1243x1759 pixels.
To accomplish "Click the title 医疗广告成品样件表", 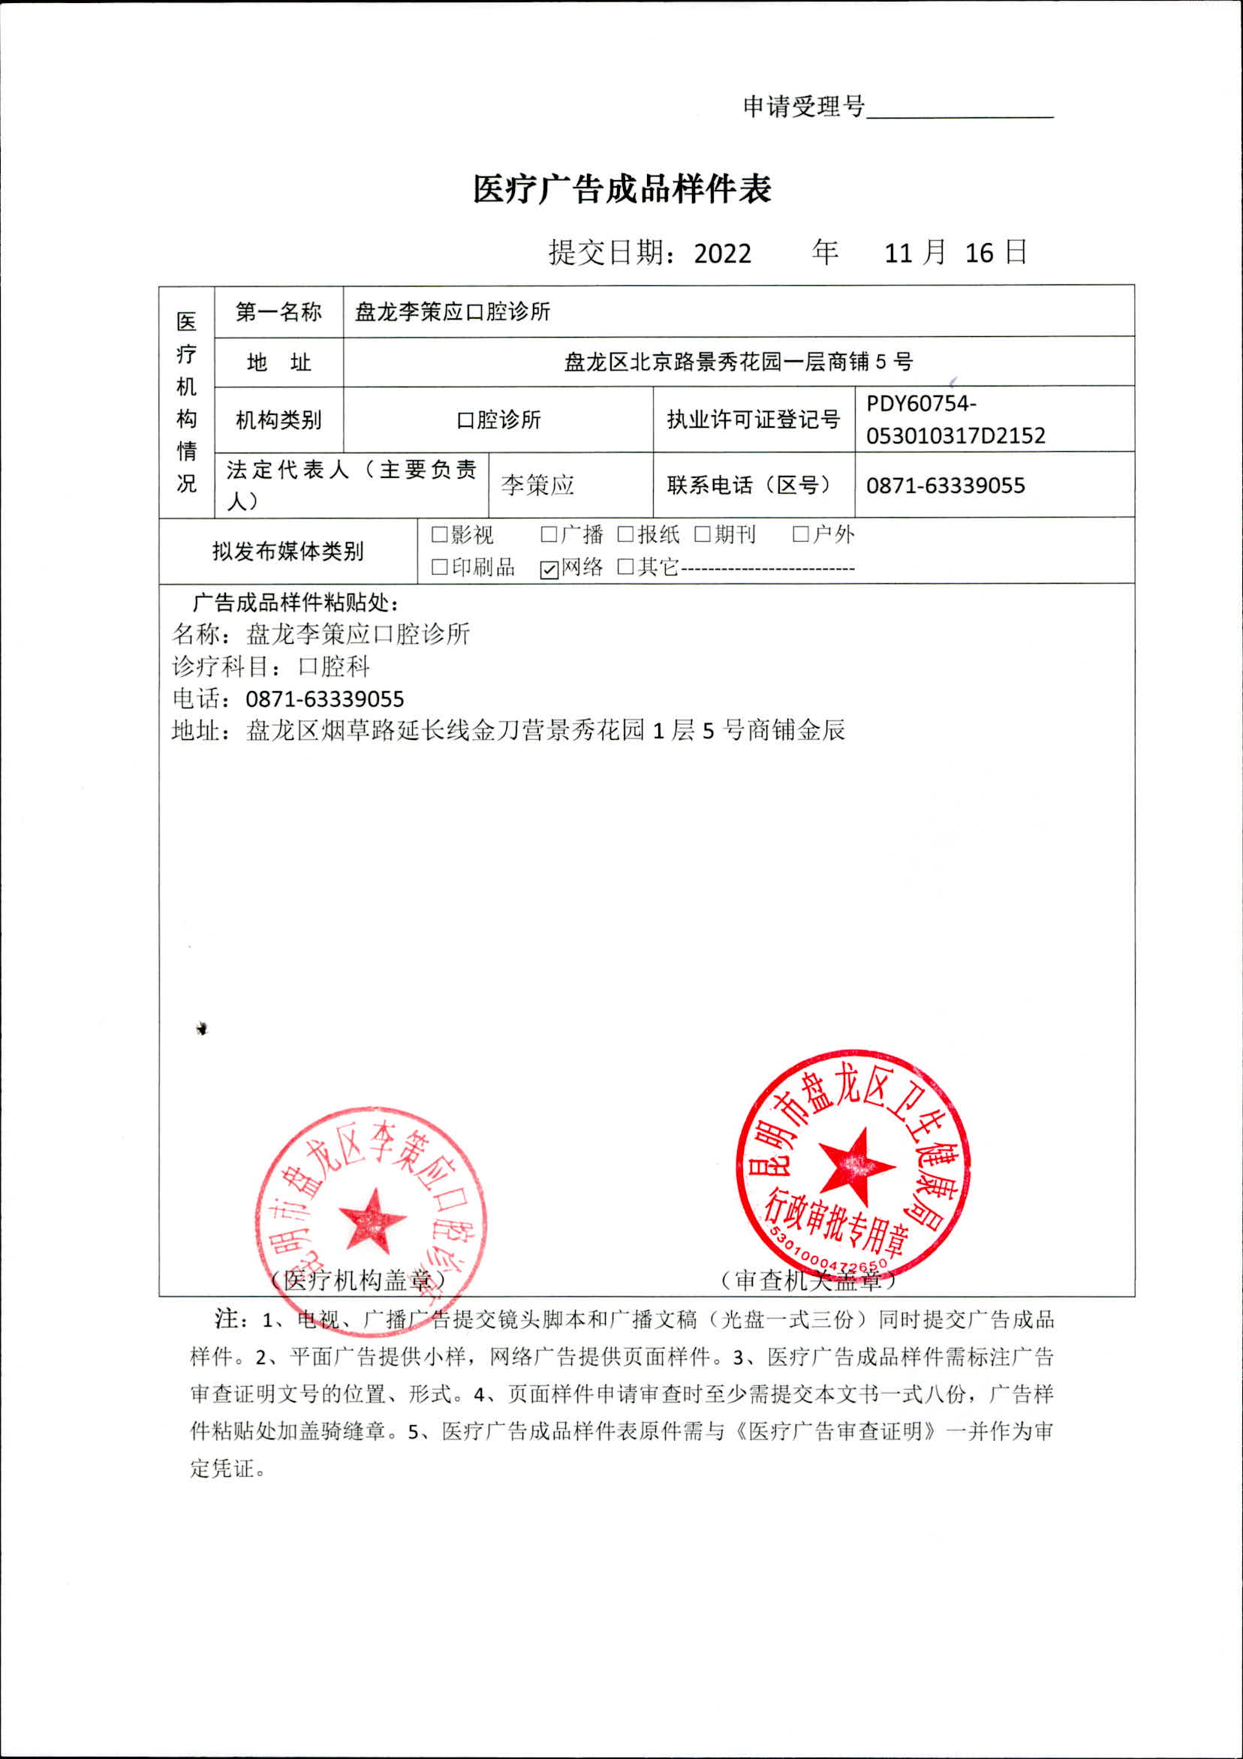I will [621, 189].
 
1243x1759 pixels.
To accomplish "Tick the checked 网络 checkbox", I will [549, 570].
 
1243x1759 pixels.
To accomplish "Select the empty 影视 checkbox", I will [439, 535].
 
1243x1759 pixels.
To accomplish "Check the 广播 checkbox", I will [549, 535].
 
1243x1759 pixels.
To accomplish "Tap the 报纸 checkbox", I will [625, 535].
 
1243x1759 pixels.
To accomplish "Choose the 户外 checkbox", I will [801, 535].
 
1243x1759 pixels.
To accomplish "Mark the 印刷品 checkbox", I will [439, 567].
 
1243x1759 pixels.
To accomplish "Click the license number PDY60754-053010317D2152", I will [955, 419].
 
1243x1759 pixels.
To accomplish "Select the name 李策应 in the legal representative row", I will [537, 485].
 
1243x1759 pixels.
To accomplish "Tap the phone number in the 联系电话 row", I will [945, 486].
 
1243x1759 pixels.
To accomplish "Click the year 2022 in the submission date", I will [722, 254].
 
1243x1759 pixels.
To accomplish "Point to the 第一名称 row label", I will [278, 312].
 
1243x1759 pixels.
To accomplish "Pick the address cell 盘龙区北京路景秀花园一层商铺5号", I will [738, 362].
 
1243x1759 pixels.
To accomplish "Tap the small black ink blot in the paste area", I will [202, 1029].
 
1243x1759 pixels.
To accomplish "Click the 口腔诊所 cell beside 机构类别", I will [498, 419].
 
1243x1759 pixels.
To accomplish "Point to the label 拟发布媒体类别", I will [287, 552].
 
